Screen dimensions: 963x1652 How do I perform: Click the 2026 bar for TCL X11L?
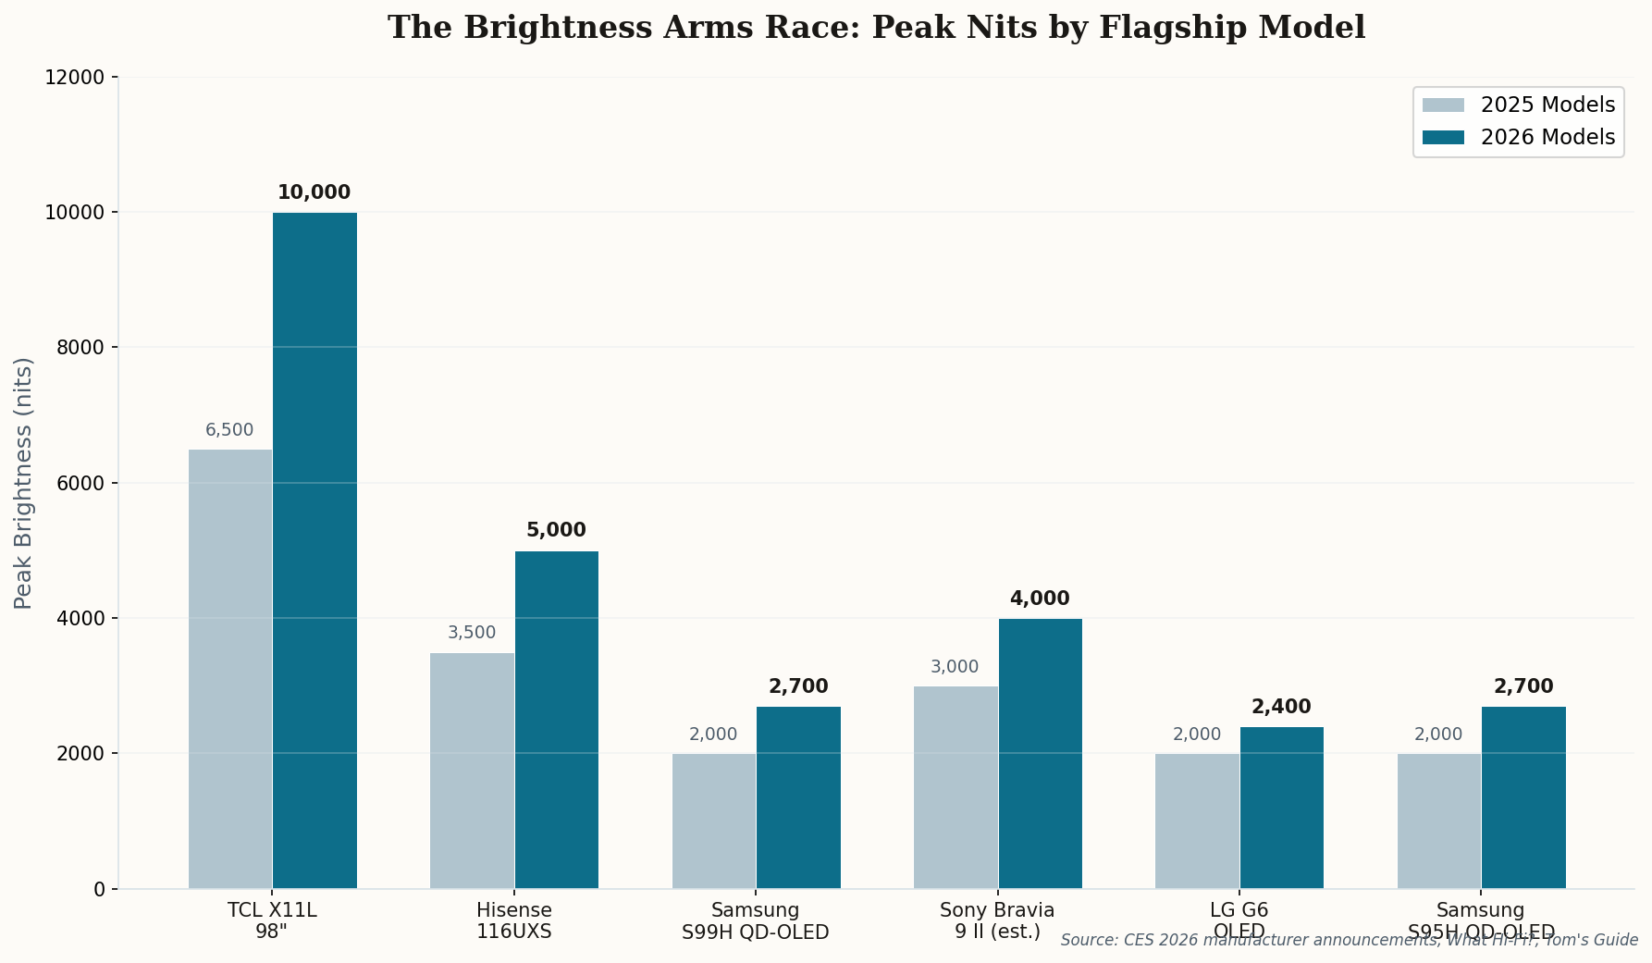[314, 550]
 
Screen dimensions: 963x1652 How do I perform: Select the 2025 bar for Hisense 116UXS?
[472, 771]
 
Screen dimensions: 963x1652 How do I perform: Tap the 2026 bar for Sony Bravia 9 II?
[1040, 753]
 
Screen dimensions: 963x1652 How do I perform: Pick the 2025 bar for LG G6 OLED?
[1197, 821]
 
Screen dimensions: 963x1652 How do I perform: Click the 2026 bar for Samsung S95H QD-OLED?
[1523, 797]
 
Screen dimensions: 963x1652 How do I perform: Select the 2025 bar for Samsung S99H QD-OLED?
[713, 821]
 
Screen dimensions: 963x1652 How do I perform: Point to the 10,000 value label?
[314, 192]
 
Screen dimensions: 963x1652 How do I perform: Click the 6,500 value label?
[229, 430]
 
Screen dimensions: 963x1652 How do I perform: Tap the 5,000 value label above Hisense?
[556, 530]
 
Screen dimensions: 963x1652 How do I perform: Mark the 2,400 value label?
[1281, 707]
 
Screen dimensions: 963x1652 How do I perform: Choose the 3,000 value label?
[955, 667]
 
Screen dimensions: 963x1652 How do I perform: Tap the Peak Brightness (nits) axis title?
[24, 482]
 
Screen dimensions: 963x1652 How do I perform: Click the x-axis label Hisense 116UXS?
[514, 920]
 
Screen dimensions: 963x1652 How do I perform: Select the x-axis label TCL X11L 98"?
[272, 920]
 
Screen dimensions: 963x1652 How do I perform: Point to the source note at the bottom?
[1349, 940]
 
